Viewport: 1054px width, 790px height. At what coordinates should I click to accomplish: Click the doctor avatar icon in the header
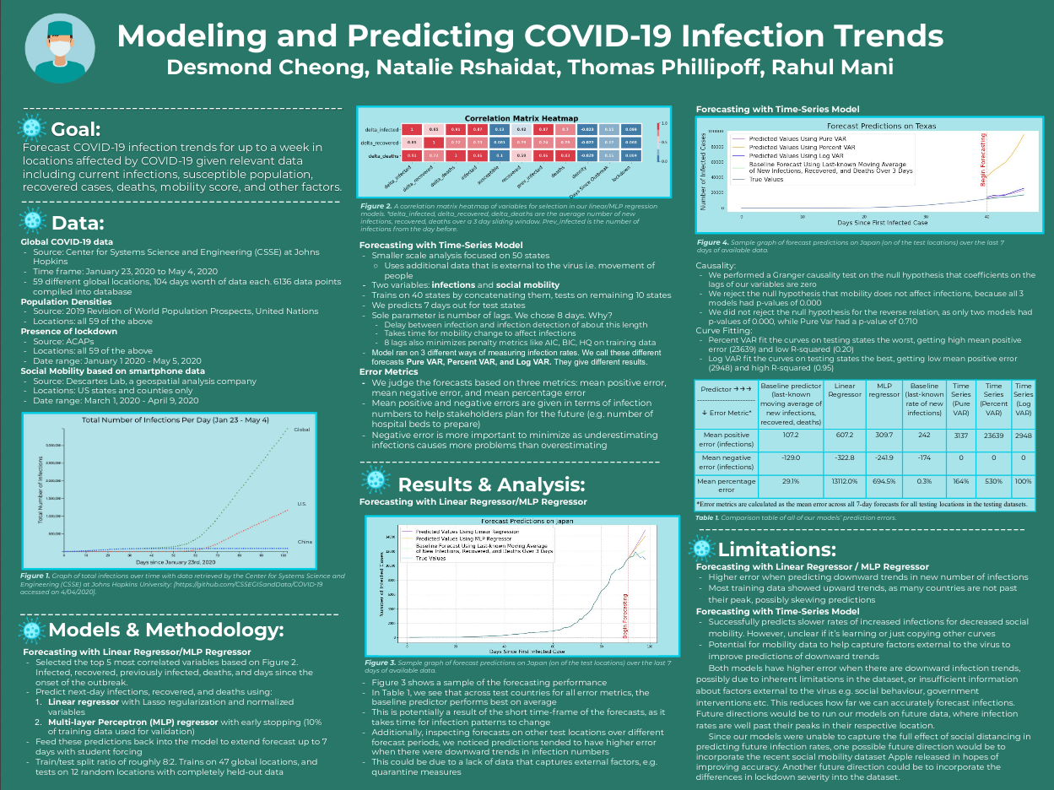pyautogui.click(x=58, y=51)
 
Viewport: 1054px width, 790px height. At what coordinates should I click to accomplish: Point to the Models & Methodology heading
pyautogui.click(x=166, y=630)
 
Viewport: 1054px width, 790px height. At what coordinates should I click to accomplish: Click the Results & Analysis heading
pyautogui.click(x=491, y=484)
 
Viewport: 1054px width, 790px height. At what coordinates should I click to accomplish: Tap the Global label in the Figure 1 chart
pyautogui.click(x=302, y=430)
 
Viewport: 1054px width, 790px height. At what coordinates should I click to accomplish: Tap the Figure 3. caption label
pyautogui.click(x=381, y=663)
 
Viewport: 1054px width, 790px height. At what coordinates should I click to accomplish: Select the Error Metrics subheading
pyautogui.click(x=389, y=371)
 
